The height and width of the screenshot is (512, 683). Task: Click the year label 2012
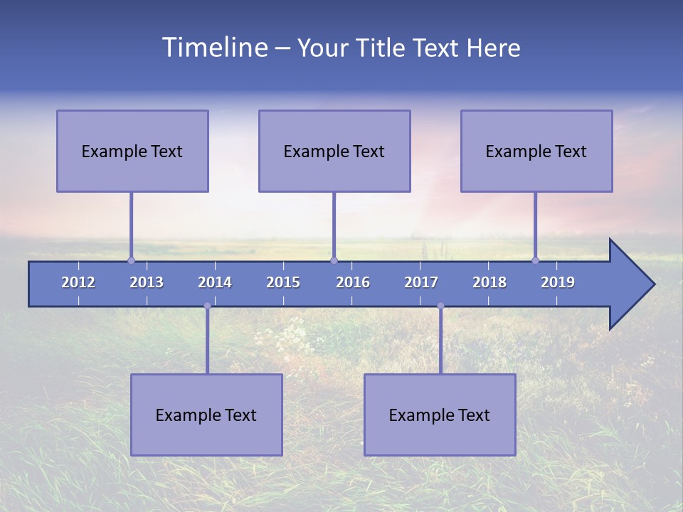(x=78, y=282)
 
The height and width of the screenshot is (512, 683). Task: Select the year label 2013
(x=147, y=282)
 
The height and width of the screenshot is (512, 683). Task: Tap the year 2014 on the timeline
(x=215, y=282)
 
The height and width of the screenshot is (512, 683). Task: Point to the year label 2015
(x=283, y=282)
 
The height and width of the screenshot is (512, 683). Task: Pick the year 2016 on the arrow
(x=353, y=282)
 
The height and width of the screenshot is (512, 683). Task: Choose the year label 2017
(x=421, y=282)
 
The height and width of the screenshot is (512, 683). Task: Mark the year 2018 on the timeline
(x=489, y=282)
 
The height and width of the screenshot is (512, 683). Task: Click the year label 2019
(x=558, y=282)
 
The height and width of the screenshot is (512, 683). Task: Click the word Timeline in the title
(x=214, y=48)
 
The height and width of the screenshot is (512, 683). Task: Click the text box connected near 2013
(x=132, y=151)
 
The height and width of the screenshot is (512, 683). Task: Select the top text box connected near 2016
(x=334, y=151)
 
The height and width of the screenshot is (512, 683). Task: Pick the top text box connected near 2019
(x=536, y=151)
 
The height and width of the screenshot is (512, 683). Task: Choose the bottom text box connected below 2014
(x=206, y=415)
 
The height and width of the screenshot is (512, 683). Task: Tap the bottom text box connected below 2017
(x=440, y=415)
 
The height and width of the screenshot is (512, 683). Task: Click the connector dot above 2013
(x=131, y=260)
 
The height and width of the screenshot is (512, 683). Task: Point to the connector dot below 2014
(x=207, y=306)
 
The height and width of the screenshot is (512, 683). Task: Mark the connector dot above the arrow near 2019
(x=536, y=260)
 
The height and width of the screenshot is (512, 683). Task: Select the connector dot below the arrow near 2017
(x=440, y=306)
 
